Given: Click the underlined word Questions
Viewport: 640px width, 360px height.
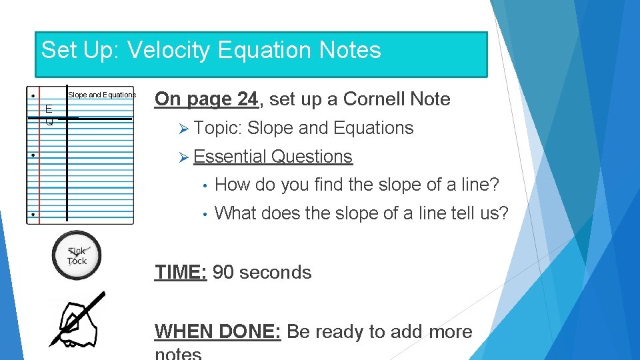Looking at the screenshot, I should (312, 157).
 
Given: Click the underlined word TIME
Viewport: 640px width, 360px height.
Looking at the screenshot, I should (180, 272).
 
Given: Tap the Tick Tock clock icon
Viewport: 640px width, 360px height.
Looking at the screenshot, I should (77, 255).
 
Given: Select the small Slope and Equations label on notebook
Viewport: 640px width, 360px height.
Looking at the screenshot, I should (102, 95).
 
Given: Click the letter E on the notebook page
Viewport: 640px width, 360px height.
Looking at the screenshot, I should (49, 109).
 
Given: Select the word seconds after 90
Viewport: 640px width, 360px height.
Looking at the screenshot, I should (275, 272).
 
